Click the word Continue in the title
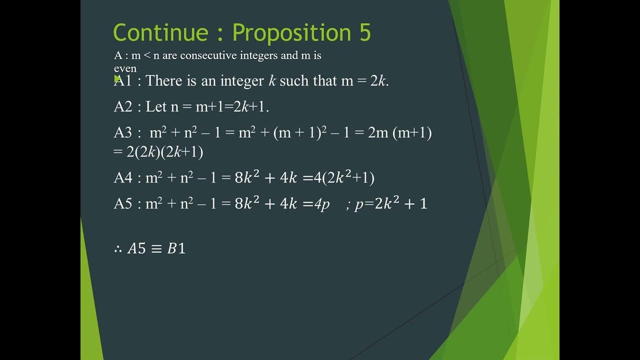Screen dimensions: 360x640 pyautogui.click(x=160, y=33)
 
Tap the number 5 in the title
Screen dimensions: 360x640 pyautogui.click(x=364, y=33)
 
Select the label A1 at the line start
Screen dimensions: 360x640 pyautogui.click(x=123, y=80)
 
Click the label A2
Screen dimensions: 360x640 pyautogui.click(x=123, y=106)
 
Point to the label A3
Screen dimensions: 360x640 pyautogui.click(x=123, y=132)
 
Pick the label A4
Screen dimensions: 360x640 pyautogui.click(x=123, y=177)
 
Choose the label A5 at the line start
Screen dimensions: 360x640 pyautogui.click(x=123, y=203)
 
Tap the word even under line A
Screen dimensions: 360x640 pyautogui.click(x=125, y=68)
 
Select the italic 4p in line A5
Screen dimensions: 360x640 pyautogui.click(x=322, y=204)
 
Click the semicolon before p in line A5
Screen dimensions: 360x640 pyautogui.click(x=347, y=205)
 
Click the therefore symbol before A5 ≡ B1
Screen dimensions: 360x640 pyautogui.click(x=118, y=248)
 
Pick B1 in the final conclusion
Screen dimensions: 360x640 pyautogui.click(x=176, y=248)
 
